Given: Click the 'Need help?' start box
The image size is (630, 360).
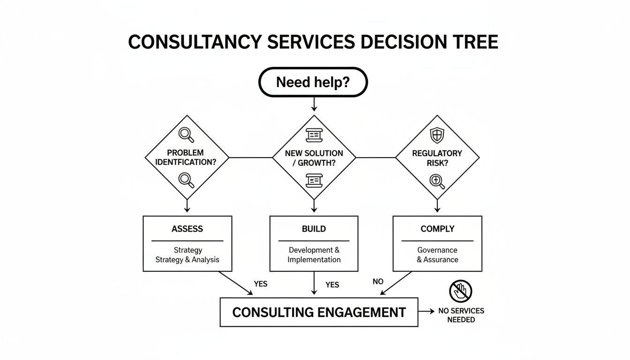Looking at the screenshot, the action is [x=313, y=82].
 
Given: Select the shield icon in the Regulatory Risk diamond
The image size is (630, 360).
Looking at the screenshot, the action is [x=437, y=135].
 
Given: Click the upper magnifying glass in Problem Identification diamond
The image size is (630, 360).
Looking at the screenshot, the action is [x=186, y=135].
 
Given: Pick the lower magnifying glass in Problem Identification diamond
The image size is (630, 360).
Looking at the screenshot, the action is [x=186, y=180].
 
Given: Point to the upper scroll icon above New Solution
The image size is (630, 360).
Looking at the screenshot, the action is [x=314, y=135].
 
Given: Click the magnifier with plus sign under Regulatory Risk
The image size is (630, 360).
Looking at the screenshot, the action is [x=437, y=181].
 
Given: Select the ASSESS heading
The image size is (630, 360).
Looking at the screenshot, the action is [x=187, y=229].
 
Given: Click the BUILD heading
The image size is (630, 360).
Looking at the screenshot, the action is [x=314, y=229].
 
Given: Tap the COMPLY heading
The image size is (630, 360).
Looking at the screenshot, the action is [x=437, y=229].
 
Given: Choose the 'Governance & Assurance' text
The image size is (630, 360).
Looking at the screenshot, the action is [x=437, y=255].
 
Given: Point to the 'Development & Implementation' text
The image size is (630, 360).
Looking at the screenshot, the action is [x=314, y=255].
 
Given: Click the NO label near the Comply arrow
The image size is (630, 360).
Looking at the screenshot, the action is [x=378, y=282].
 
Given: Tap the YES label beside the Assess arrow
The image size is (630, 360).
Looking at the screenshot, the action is [x=261, y=284].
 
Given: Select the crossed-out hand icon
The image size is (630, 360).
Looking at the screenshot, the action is [x=460, y=291].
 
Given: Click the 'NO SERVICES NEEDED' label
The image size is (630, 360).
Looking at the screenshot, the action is [x=461, y=315].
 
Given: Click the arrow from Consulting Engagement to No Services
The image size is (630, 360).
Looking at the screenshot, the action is [x=427, y=311].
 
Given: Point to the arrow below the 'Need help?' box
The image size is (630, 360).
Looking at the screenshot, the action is [x=314, y=105].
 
